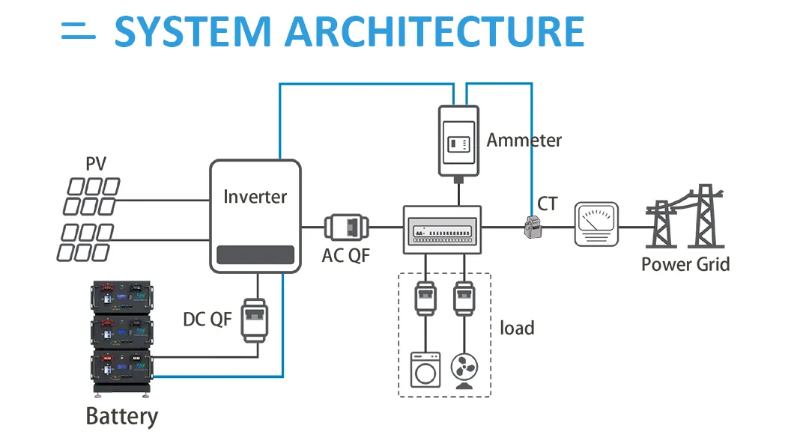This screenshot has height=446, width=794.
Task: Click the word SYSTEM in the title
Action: [193, 31]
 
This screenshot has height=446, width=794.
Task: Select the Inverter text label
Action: [255, 197]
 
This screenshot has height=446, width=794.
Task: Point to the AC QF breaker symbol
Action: [346, 226]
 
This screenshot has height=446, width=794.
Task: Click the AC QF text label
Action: [346, 255]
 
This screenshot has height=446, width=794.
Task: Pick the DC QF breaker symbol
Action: [255, 321]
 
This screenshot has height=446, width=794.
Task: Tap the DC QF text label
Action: [207, 320]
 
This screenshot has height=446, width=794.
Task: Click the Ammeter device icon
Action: [458, 141]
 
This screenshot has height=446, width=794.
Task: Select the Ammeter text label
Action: [524, 140]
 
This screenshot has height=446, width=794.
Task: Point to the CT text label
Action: [548, 204]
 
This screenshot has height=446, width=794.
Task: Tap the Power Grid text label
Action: [685, 263]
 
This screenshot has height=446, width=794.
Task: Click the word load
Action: [518, 328]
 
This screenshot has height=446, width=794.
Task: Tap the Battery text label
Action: [122, 416]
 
